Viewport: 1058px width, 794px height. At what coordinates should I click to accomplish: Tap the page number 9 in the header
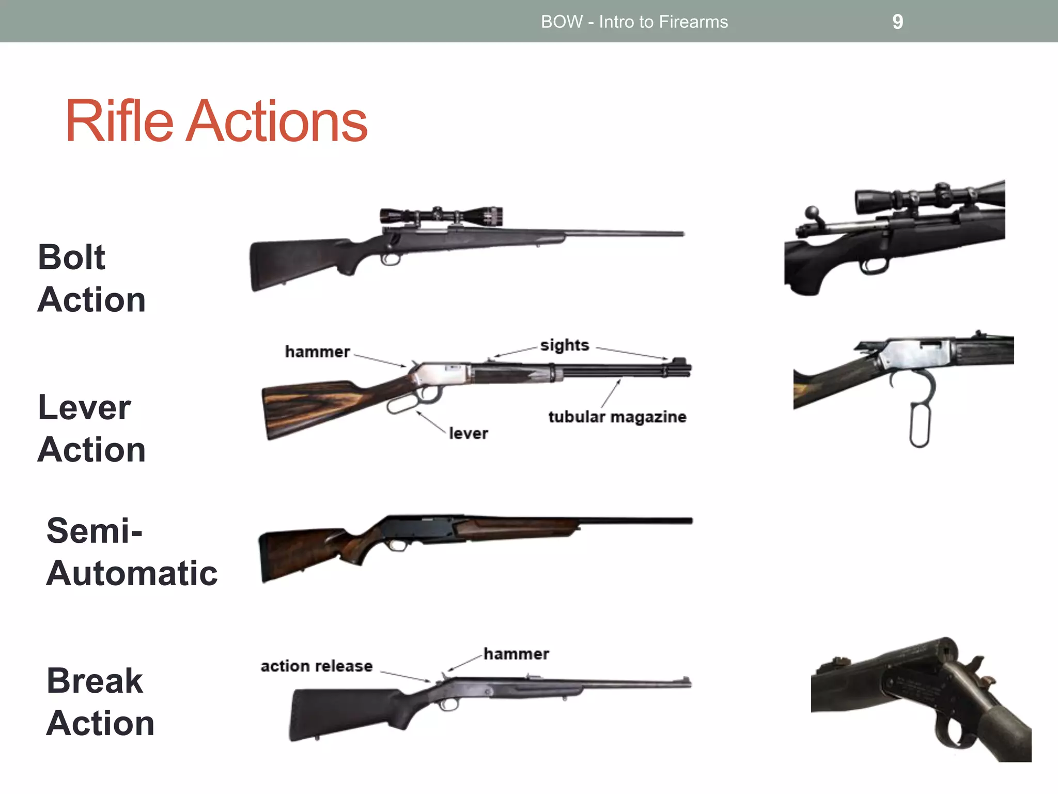pos(897,22)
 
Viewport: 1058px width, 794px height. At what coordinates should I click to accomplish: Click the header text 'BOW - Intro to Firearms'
pos(634,22)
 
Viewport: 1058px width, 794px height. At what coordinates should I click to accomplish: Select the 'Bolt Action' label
pos(91,278)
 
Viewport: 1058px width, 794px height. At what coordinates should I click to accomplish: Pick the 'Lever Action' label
pos(91,428)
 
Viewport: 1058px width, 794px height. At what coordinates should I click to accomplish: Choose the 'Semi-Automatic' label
pos(131,552)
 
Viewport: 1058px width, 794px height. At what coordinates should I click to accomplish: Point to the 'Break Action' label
pos(100,701)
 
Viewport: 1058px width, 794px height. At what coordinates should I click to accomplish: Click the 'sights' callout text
pos(564,345)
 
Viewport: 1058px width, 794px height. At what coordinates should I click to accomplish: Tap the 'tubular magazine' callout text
pos(617,417)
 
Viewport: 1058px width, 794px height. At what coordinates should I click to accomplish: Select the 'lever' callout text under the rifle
pos(468,433)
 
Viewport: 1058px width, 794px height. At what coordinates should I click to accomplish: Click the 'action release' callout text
pos(316,666)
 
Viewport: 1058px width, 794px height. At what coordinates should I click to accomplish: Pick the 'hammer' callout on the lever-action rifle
pos(317,352)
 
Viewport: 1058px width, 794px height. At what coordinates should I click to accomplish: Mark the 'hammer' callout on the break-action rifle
pos(516,654)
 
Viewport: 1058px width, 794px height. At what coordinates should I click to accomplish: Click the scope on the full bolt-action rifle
pos(441,216)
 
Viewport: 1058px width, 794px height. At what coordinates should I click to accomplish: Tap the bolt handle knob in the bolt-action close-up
pos(812,212)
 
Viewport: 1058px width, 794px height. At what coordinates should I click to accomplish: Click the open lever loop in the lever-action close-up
pos(920,425)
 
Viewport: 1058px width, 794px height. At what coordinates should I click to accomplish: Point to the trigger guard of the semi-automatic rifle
pos(398,545)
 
